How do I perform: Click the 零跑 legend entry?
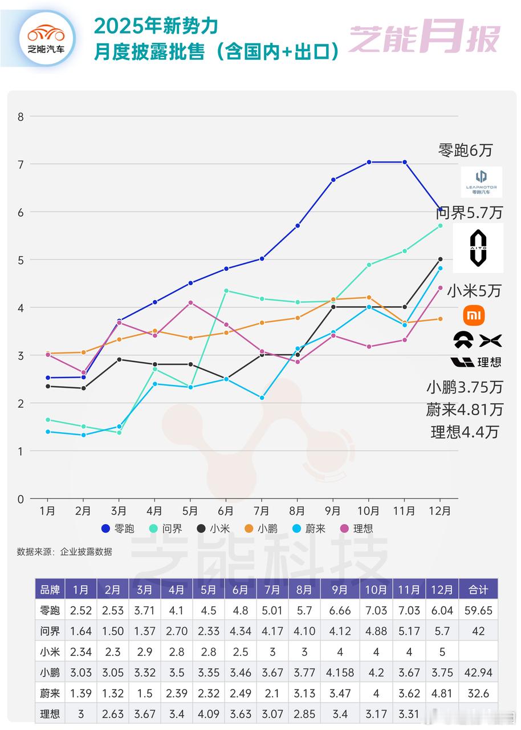(118, 529)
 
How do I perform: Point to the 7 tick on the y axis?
(21, 164)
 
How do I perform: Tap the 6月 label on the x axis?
(226, 511)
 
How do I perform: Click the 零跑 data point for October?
(369, 163)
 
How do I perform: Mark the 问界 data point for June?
(226, 291)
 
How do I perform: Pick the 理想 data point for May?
(190, 303)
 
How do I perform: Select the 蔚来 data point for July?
(262, 398)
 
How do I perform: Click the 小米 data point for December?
(440, 259)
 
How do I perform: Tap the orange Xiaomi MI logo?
(475, 314)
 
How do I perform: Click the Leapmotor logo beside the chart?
(482, 181)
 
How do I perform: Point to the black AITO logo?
(478, 248)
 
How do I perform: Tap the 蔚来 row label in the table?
(50, 693)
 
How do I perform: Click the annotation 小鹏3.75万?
(465, 387)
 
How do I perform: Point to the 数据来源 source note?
(64, 551)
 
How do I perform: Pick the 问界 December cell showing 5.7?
(442, 631)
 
